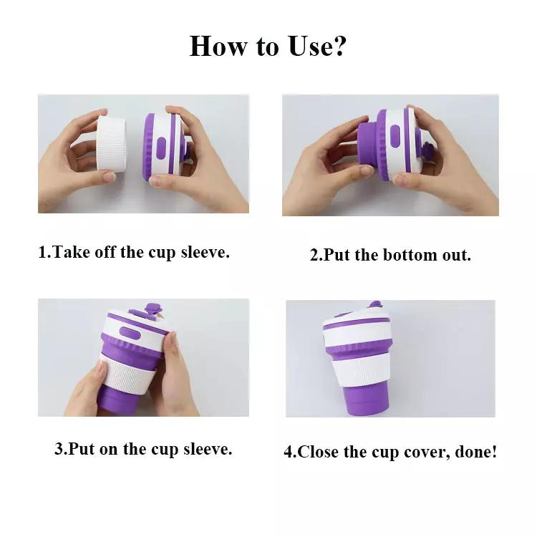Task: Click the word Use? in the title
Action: click(316, 46)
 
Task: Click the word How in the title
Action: click(218, 46)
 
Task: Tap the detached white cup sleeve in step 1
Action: click(110, 142)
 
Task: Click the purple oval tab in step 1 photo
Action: click(160, 148)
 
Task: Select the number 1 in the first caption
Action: click(43, 253)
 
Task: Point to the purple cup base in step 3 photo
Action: click(120, 401)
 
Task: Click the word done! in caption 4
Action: click(475, 452)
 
